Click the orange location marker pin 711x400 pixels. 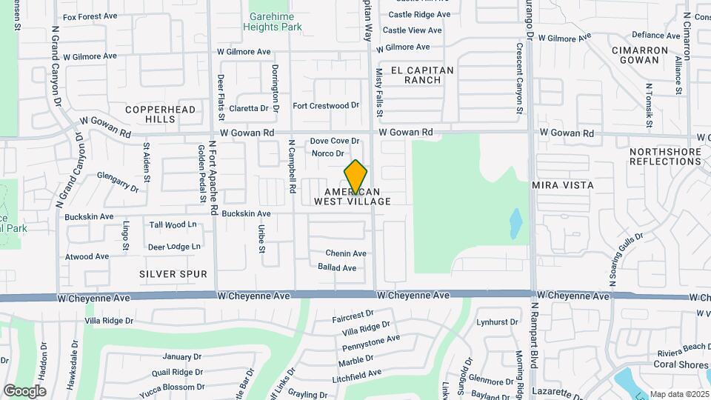pos(355,176)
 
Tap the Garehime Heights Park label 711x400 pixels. pos(276,21)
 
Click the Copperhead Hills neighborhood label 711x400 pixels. pos(161,114)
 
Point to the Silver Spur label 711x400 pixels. pos(173,274)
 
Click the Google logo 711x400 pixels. pos(24,391)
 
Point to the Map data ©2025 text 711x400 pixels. pos(678,394)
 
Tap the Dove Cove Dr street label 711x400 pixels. pos(334,141)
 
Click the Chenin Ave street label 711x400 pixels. pos(346,253)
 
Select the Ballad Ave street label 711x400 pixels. pos(337,267)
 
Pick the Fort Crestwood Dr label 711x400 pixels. pos(326,106)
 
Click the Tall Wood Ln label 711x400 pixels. pos(173,224)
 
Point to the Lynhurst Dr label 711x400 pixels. pos(497,322)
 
